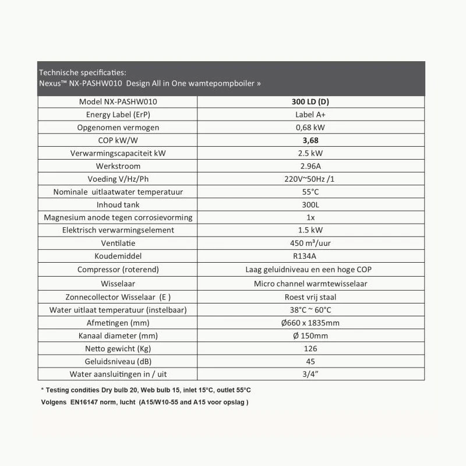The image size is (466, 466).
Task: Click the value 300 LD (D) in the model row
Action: (x=310, y=101)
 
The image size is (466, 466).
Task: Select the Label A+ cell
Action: (x=310, y=114)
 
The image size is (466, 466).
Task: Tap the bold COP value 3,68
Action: (x=310, y=140)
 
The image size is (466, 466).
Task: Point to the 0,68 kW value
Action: (x=310, y=128)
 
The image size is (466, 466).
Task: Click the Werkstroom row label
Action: (x=118, y=167)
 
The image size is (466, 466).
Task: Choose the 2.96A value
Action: (x=310, y=167)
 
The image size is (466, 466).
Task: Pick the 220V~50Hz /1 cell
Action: (x=310, y=179)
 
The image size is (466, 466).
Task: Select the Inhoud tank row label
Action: (x=118, y=205)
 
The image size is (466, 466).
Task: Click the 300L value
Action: (x=310, y=205)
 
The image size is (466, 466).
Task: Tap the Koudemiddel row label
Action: (x=118, y=256)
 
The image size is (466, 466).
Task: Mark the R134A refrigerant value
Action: (x=310, y=256)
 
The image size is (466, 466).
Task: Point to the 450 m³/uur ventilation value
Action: (x=310, y=243)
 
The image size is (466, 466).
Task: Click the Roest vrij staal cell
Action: (x=310, y=296)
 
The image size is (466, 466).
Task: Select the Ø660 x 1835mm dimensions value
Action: (x=310, y=323)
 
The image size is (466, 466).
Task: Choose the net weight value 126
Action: (x=310, y=348)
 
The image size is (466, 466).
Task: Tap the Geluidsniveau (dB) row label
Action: (x=118, y=361)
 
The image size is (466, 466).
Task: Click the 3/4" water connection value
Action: (x=310, y=374)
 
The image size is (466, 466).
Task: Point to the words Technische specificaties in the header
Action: (x=82, y=72)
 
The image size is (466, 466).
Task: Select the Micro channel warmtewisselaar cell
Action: (x=310, y=284)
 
